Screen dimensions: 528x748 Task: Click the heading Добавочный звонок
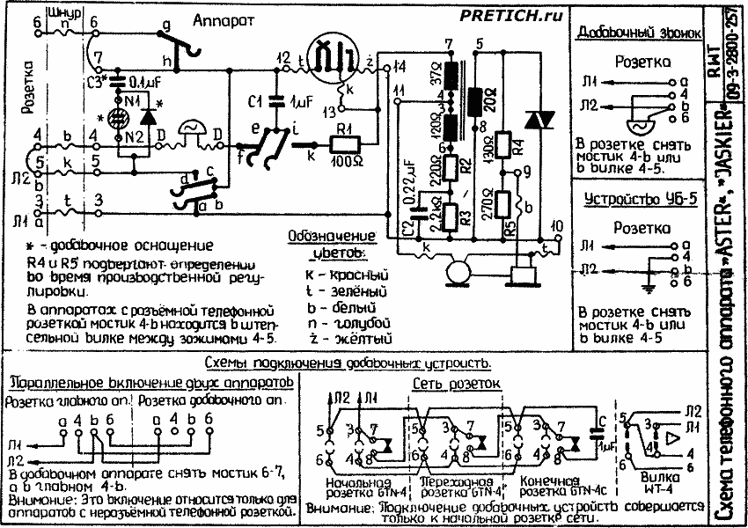point(638,33)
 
